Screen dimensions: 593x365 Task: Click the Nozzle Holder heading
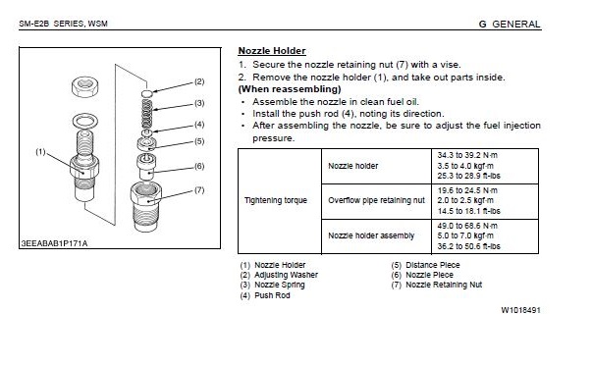(x=272, y=51)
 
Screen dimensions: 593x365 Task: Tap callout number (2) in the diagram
(x=199, y=81)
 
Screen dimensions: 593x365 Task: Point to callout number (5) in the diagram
(x=199, y=141)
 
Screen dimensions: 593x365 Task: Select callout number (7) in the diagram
(x=199, y=189)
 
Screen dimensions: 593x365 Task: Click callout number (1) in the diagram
(x=40, y=152)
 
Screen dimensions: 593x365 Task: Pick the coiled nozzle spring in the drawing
(x=146, y=114)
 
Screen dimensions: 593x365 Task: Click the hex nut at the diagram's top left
(x=85, y=87)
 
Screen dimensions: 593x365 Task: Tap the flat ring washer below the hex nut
(x=84, y=122)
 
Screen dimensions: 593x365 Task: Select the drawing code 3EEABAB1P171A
(x=54, y=243)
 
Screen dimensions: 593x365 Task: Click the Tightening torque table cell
(x=275, y=200)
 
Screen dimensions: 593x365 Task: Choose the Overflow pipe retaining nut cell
(x=376, y=200)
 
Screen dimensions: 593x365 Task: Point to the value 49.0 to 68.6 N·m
(x=467, y=226)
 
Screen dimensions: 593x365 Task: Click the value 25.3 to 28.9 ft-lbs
(x=469, y=176)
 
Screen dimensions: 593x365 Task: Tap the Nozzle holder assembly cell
(x=371, y=235)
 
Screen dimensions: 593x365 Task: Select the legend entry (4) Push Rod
(x=265, y=295)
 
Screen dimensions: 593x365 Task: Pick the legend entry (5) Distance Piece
(x=425, y=265)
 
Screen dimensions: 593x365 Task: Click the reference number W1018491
(x=520, y=310)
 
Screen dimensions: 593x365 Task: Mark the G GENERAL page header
(x=510, y=25)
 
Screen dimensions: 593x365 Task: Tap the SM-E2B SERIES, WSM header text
(x=63, y=24)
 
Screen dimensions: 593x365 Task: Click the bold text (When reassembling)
(x=290, y=89)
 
